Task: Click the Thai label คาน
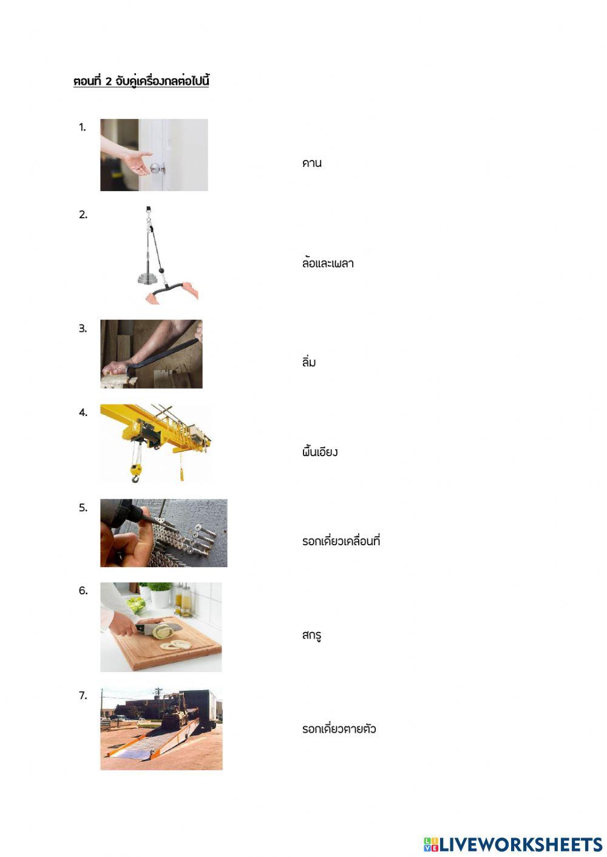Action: click(311, 163)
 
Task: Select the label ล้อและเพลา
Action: click(327, 263)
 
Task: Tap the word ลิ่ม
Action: click(308, 362)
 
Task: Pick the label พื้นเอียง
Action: click(319, 452)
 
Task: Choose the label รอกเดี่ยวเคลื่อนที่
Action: click(341, 541)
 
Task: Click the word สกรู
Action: click(311, 635)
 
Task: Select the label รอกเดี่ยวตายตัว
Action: click(339, 729)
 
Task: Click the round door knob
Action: click(157, 168)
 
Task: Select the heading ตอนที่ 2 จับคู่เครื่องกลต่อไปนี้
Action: click(141, 81)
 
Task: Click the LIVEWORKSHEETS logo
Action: click(513, 844)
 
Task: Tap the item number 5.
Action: click(83, 508)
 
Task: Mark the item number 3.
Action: click(83, 329)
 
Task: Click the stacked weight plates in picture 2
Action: click(148, 278)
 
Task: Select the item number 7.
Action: click(83, 696)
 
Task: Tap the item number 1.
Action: click(83, 127)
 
